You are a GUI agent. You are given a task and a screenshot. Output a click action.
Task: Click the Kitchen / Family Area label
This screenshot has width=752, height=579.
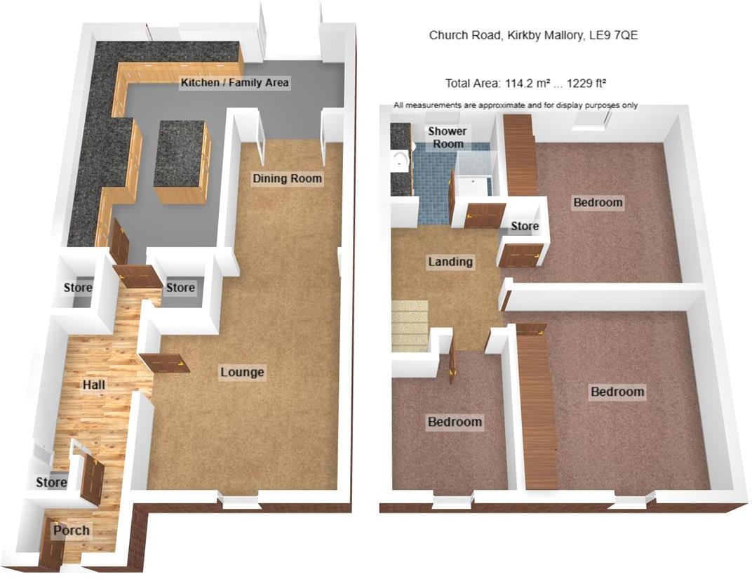click(x=234, y=83)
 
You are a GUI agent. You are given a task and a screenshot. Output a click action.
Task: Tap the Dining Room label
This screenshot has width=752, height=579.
click(x=287, y=178)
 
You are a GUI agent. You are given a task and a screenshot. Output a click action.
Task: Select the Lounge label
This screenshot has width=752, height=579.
click(x=242, y=372)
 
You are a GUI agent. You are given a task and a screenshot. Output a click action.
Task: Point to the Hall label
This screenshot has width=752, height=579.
click(x=94, y=385)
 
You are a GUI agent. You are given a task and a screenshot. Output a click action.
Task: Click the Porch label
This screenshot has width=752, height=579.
click(x=71, y=530)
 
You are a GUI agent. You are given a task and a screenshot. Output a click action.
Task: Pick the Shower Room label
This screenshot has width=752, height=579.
click(x=447, y=138)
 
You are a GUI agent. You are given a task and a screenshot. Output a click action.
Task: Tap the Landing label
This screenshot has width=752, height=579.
click(x=450, y=262)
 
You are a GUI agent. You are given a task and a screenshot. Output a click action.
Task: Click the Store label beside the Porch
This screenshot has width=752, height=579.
click(x=51, y=482)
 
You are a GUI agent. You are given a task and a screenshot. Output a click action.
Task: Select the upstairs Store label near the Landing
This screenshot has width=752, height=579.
click(x=524, y=227)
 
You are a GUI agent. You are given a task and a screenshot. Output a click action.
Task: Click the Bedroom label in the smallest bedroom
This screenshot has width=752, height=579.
click(x=455, y=422)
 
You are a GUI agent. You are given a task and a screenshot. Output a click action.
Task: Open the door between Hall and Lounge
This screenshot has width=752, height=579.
click(x=165, y=362)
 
